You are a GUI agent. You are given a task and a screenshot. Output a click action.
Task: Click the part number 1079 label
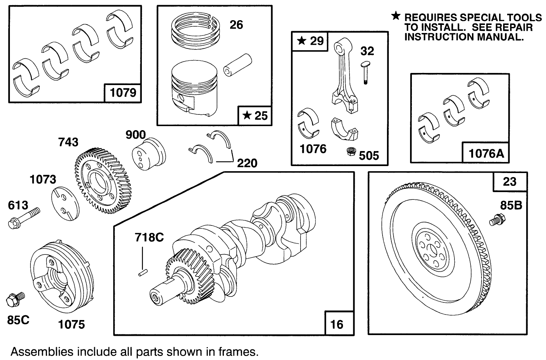[x=123, y=93]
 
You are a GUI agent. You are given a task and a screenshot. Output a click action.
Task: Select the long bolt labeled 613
[x=24, y=218]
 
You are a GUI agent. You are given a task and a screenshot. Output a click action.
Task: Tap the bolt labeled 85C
[x=15, y=299]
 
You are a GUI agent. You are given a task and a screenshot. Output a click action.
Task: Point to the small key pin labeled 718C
[x=143, y=272]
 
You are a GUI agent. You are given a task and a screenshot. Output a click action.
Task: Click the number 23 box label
[x=509, y=182]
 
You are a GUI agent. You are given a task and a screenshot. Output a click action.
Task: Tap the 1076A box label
[x=486, y=153]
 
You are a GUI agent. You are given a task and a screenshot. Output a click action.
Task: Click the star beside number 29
[x=301, y=41]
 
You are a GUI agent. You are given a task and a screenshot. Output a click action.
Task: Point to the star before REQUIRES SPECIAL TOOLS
[x=396, y=16]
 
